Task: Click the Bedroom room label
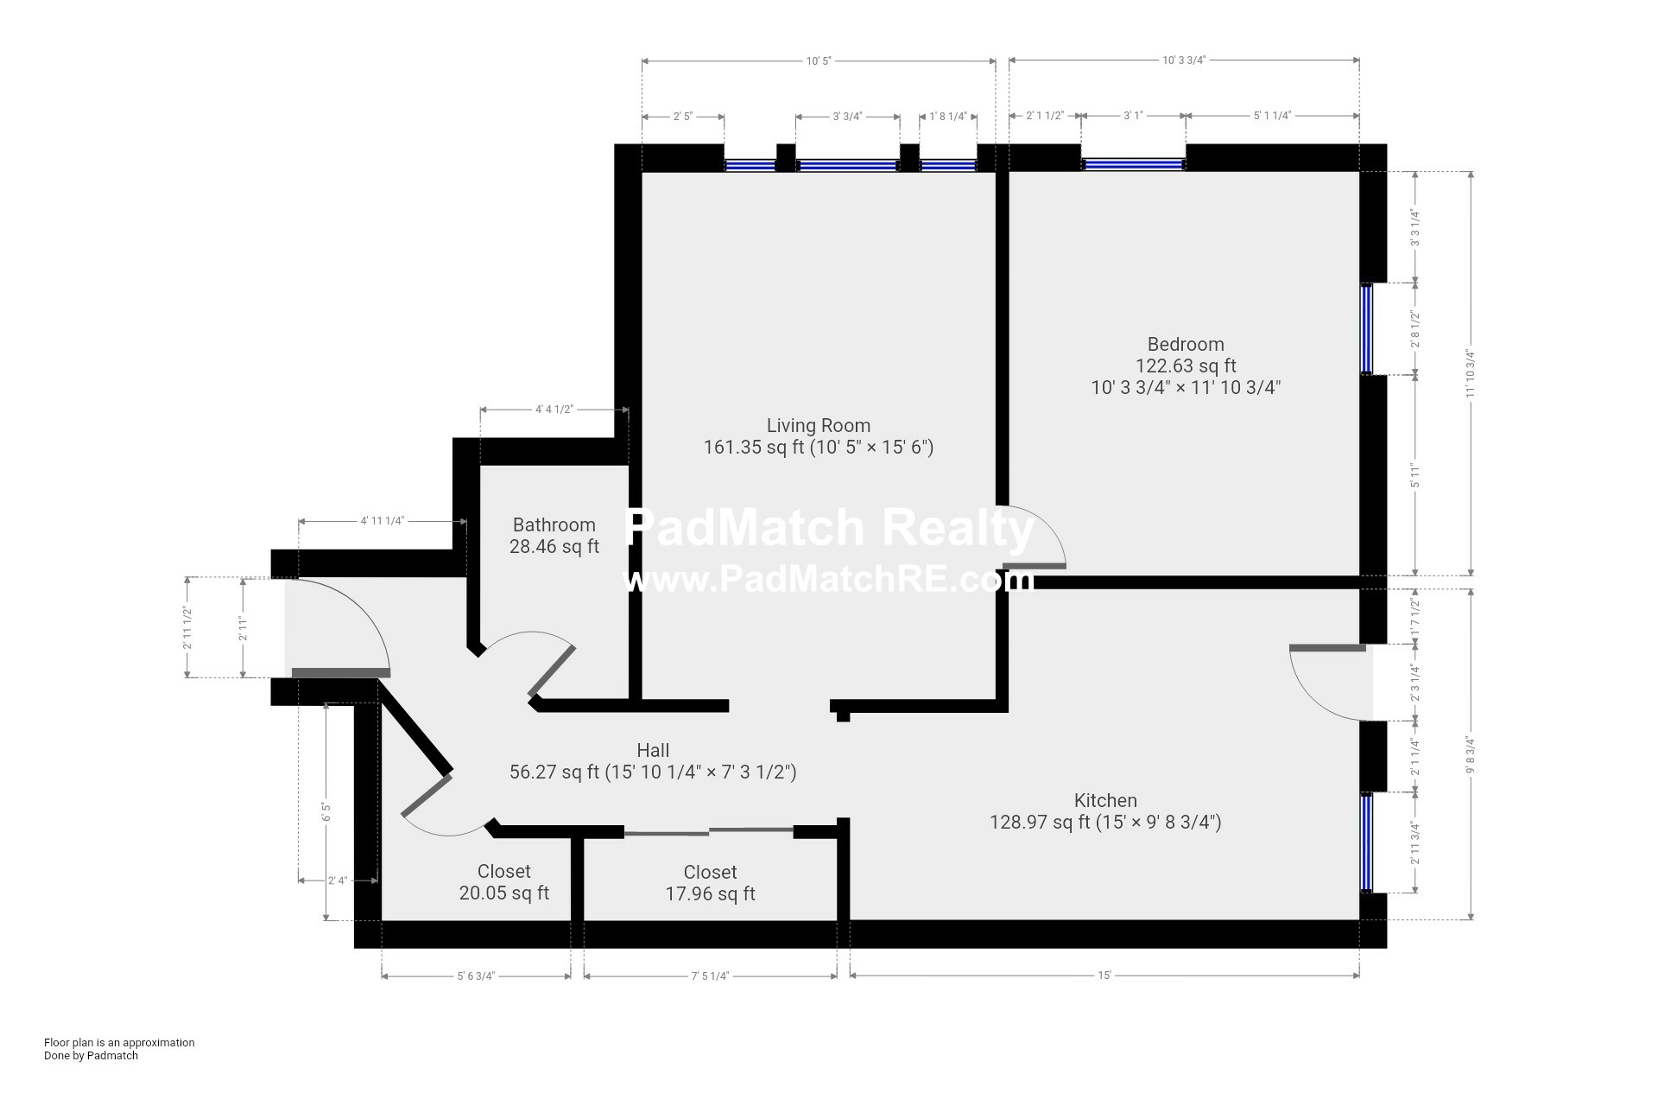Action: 1185,344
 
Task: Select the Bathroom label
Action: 554,524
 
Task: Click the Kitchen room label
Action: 1104,800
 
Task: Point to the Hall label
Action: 653,750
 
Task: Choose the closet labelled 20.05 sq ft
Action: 503,882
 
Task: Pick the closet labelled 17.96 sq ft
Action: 710,883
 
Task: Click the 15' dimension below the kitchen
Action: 1104,976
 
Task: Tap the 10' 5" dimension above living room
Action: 818,60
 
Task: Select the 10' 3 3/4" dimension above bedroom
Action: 1183,60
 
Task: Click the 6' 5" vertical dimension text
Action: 326,812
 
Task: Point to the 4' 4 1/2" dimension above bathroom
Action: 554,410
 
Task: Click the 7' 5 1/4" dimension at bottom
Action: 710,976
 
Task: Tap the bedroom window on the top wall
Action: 1132,164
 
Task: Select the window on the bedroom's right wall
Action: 1366,328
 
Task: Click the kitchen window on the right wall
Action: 1366,842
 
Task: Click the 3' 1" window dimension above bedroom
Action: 1132,116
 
